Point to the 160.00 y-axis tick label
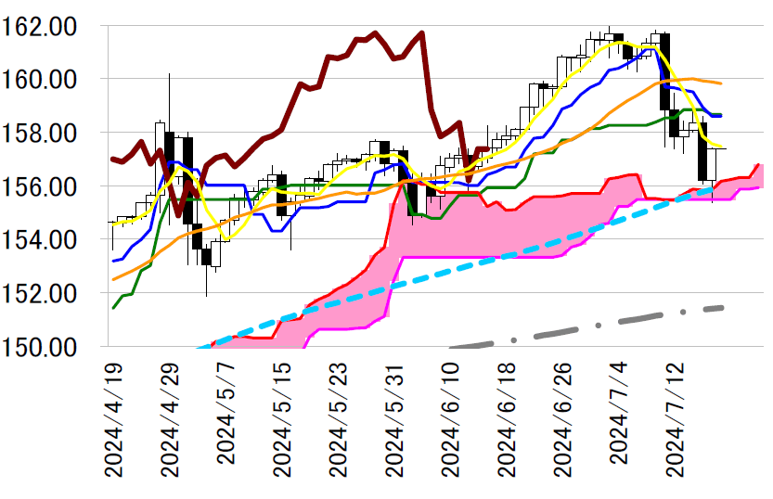(50, 80)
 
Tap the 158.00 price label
(50, 133)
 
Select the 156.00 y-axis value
(50, 186)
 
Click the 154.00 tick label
(50, 239)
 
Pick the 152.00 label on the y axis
(50, 293)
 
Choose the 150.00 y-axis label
(50, 346)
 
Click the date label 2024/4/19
(113, 419)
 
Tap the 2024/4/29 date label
(170, 419)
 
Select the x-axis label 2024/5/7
(226, 425)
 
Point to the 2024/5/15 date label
(282, 419)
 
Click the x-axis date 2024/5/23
(339, 419)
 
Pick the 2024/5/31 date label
(395, 419)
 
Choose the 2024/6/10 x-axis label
(452, 419)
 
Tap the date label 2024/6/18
(509, 419)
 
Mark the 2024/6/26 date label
(565, 419)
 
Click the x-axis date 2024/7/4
(622, 425)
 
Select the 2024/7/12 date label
(678, 419)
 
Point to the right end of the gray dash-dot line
(722, 307)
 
